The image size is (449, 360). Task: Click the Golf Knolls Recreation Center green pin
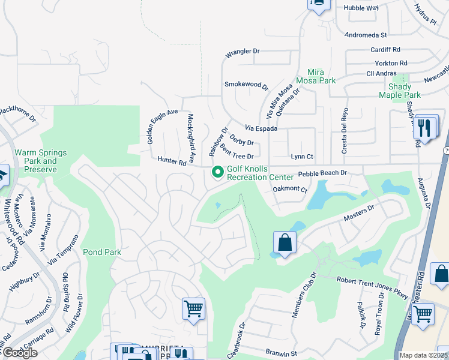(x=217, y=172)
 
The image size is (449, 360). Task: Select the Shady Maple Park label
(x=400, y=91)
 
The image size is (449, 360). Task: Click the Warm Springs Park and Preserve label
(x=36, y=161)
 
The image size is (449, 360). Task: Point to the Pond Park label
(x=102, y=252)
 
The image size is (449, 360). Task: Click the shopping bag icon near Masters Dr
(x=285, y=243)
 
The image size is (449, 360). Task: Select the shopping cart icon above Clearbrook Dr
(x=193, y=309)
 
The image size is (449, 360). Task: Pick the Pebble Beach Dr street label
(x=323, y=173)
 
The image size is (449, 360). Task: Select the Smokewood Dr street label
(x=246, y=85)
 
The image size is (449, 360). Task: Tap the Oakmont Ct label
(x=290, y=190)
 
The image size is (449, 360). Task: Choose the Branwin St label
(x=282, y=354)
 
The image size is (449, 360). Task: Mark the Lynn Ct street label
(x=302, y=156)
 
